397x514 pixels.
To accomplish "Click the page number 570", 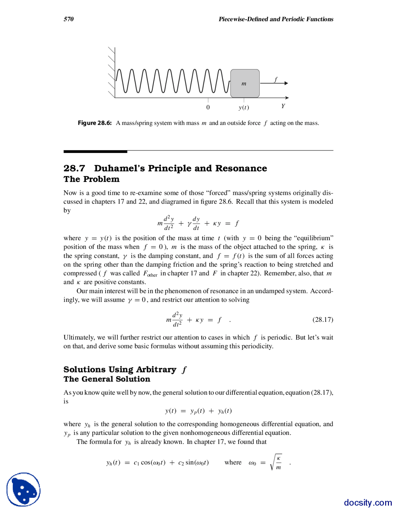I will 69,19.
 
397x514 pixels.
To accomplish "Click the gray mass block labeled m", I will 245,83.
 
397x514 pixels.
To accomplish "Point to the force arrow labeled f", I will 274,83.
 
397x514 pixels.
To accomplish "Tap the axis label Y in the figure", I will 283,106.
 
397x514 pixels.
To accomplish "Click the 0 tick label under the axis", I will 208,107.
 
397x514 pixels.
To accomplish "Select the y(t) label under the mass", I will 244,108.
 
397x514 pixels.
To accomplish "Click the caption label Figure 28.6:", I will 95,123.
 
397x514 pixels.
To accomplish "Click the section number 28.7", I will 74,169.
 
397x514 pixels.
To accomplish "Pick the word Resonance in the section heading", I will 241,169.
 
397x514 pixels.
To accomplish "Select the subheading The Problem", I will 91,179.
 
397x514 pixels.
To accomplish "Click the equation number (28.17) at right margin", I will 323,320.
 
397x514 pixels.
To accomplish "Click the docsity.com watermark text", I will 368,503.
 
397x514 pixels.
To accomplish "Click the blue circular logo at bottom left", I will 24,489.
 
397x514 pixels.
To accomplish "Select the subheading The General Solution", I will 107,379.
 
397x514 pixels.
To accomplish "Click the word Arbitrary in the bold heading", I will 156,370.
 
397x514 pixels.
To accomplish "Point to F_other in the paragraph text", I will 150,274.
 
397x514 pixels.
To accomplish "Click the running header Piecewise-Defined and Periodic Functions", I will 276,19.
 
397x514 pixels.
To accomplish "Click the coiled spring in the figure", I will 172,81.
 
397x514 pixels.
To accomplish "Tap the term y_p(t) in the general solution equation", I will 198,411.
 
